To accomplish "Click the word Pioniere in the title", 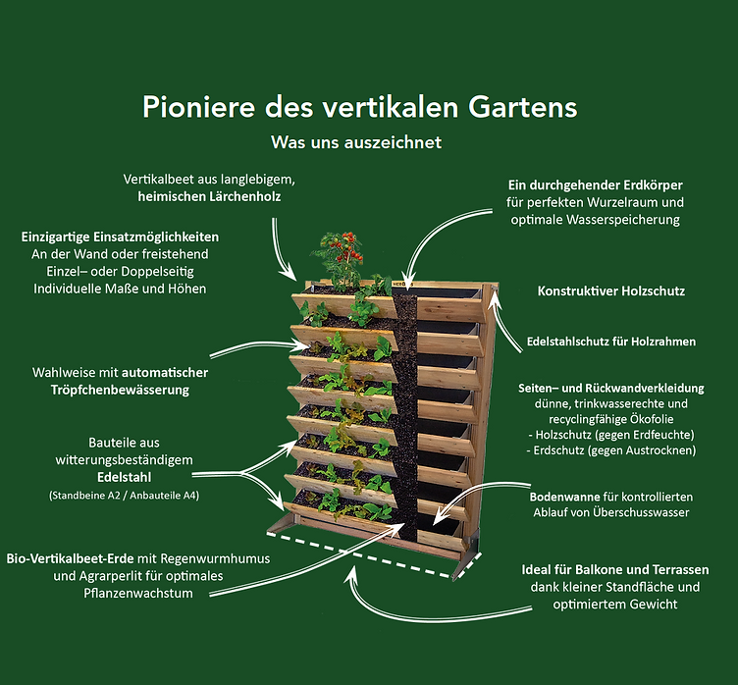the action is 198,107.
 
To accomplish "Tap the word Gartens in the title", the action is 522,107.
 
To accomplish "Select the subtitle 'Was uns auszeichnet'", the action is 356,142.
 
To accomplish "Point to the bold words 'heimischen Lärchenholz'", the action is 209,196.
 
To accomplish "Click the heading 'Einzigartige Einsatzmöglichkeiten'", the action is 120,237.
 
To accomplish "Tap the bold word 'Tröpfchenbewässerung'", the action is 120,390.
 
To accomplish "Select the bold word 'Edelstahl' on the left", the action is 125,477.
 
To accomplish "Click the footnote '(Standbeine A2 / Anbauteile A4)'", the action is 125,496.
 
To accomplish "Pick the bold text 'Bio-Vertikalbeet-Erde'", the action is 70,558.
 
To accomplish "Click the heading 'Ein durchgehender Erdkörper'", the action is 596,185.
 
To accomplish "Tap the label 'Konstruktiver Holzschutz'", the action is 611,290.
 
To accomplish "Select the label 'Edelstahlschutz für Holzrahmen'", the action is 611,342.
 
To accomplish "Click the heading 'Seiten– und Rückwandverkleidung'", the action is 611,389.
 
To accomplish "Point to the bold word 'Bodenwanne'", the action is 565,498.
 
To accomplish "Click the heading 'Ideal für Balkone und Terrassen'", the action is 615,569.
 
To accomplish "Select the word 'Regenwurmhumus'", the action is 215,558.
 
